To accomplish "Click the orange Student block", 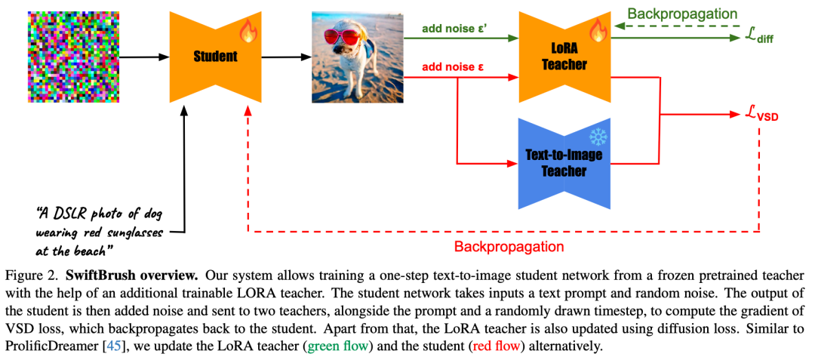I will pos(214,57).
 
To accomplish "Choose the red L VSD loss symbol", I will pos(759,116).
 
